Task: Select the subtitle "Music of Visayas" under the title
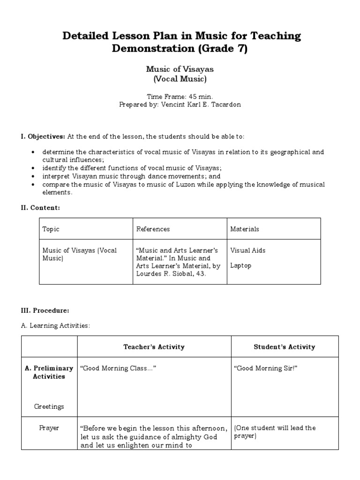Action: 180,69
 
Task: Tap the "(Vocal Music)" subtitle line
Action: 180,79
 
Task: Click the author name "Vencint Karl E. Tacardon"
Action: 202,105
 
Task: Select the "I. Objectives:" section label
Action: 43,136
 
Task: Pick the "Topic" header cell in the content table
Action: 51,229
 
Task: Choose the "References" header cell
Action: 153,229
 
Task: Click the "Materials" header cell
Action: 245,229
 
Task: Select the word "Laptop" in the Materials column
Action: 241,265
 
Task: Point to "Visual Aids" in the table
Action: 248,250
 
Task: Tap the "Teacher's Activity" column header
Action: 154,347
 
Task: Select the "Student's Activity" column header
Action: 285,347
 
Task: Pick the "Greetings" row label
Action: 49,406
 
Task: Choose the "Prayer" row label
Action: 49,428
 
